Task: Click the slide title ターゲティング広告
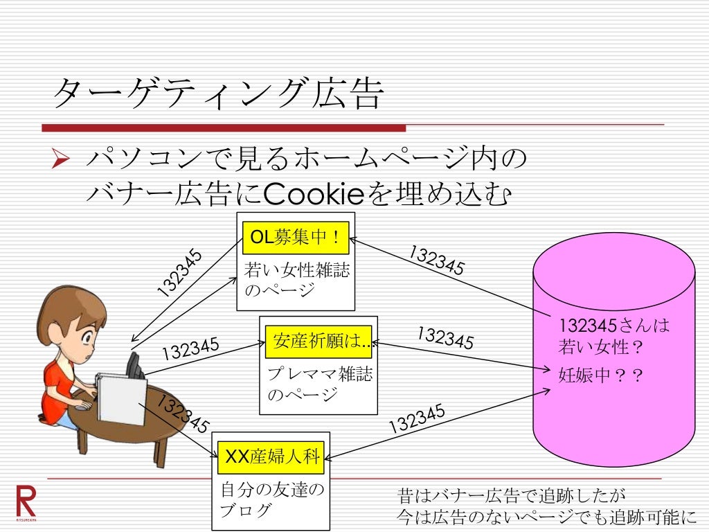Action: click(217, 94)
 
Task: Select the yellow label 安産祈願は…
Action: click(318, 342)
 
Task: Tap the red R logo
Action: click(26, 501)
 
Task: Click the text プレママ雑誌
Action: click(319, 375)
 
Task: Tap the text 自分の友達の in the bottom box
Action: click(271, 490)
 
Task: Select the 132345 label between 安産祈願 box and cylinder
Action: click(445, 337)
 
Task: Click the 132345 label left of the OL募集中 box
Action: click(179, 273)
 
